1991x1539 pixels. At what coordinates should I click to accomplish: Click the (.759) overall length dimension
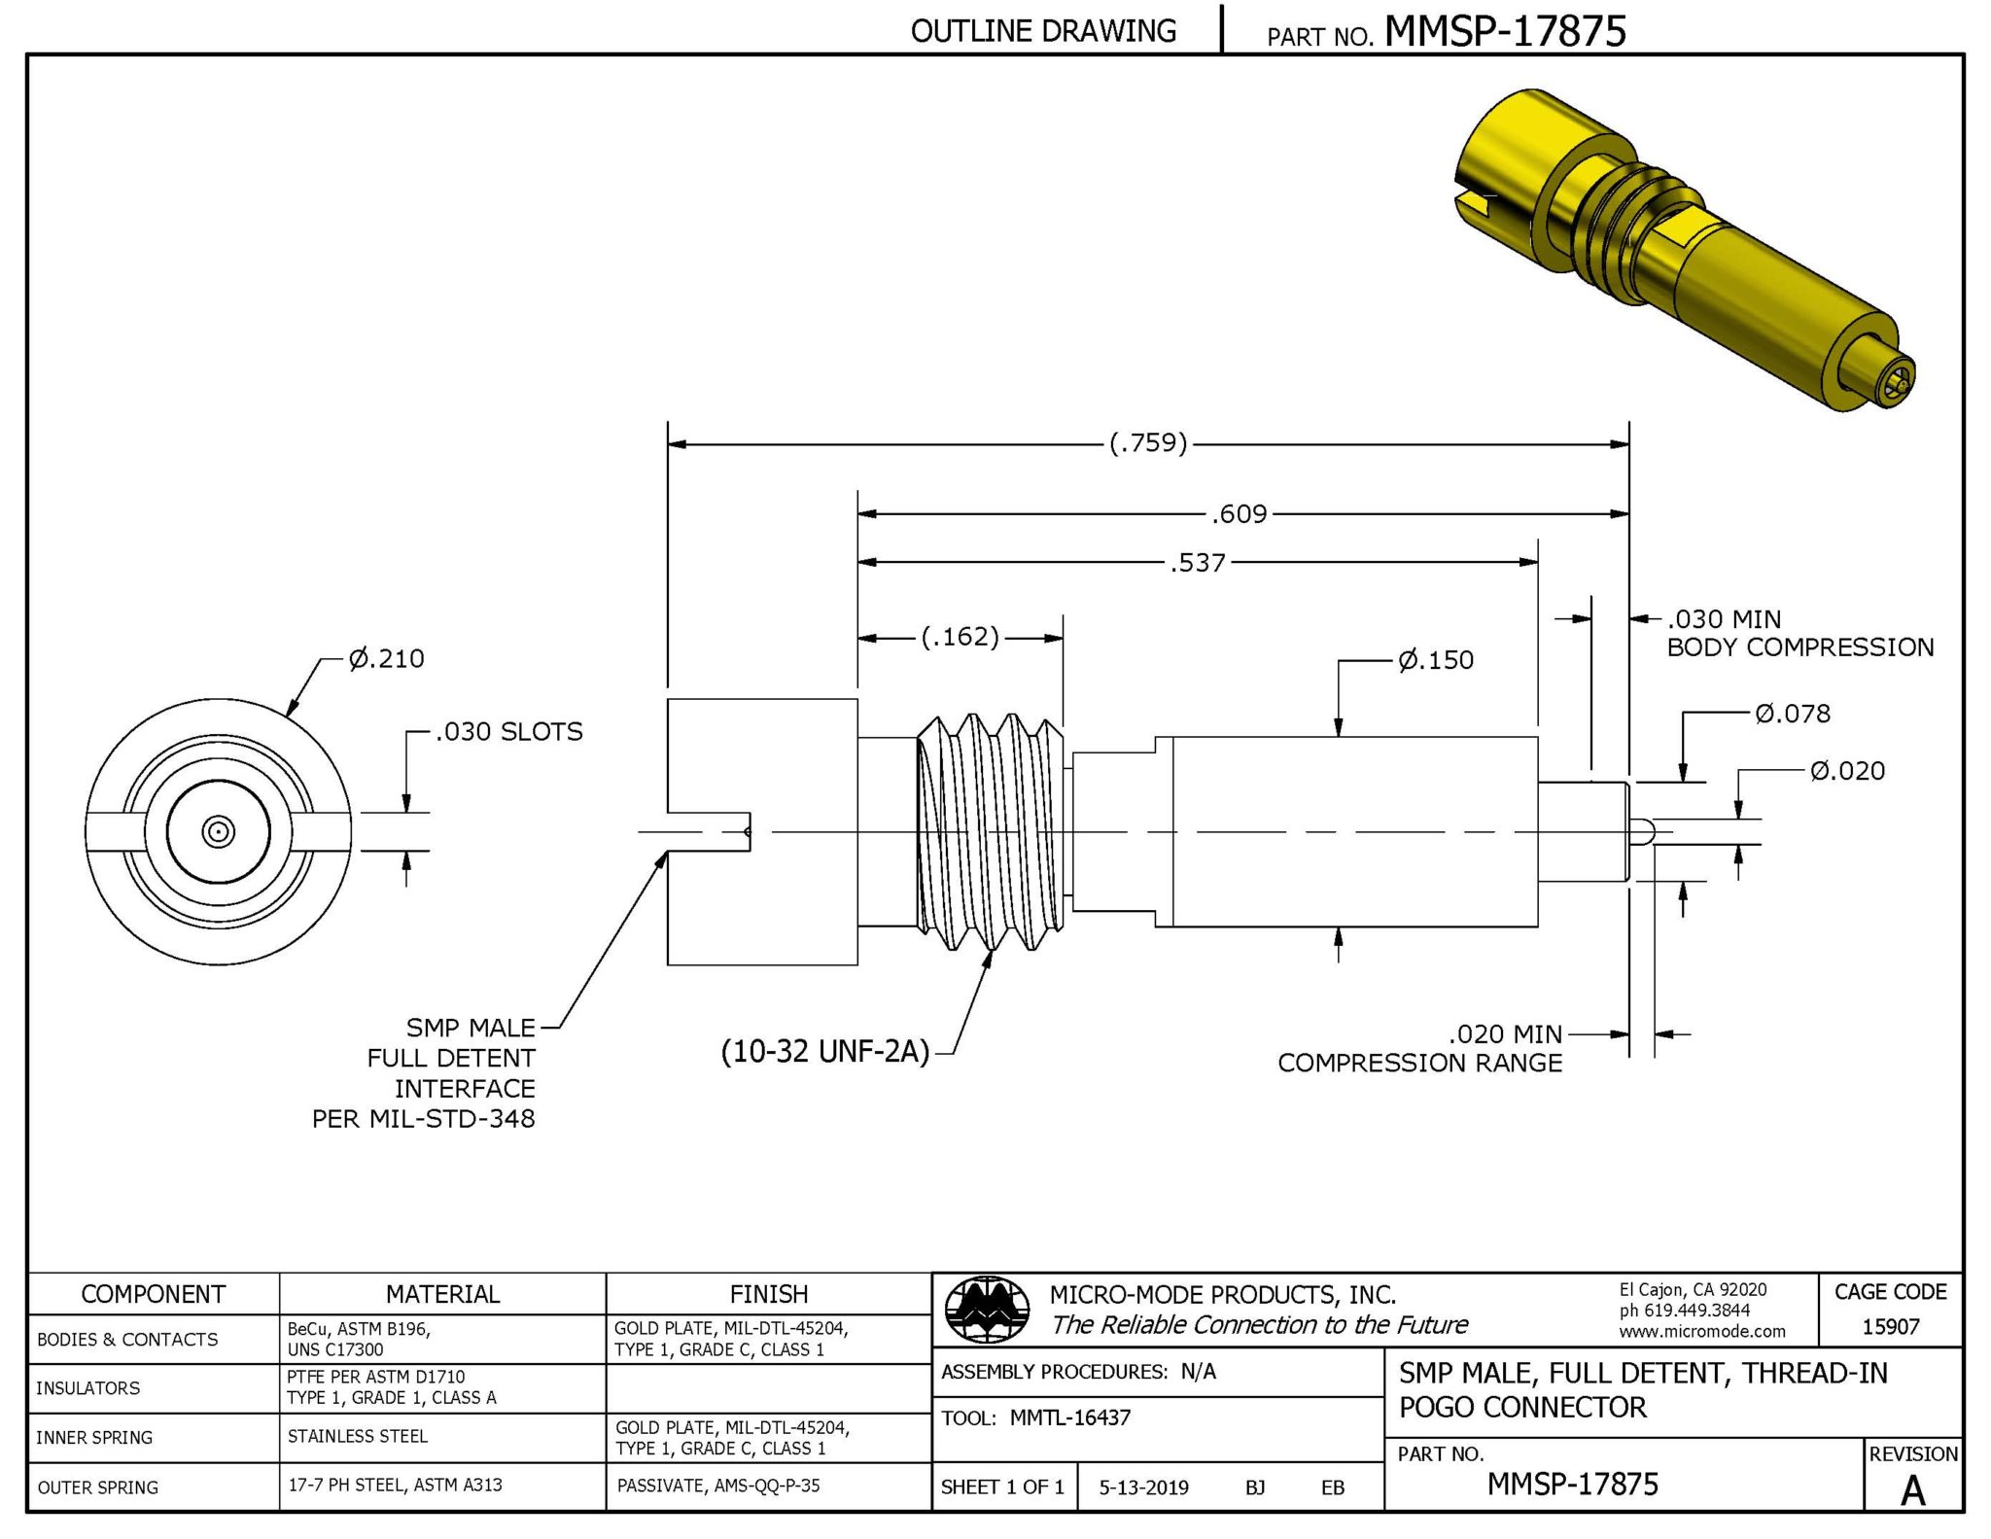pyautogui.click(x=1148, y=443)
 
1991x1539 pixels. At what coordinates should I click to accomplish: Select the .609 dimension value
pyautogui.click(x=1240, y=513)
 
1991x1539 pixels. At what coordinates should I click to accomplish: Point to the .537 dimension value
pyautogui.click(x=1199, y=563)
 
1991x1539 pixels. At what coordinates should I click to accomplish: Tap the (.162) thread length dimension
pyautogui.click(x=961, y=637)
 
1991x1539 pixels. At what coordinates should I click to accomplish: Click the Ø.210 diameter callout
pyautogui.click(x=387, y=659)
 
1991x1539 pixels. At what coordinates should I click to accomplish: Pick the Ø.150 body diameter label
pyautogui.click(x=1436, y=661)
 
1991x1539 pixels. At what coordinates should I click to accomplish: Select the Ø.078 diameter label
pyautogui.click(x=1793, y=715)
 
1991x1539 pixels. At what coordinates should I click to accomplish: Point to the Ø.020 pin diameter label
pyautogui.click(x=1847, y=772)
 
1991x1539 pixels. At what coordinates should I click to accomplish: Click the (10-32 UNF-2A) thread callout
pyautogui.click(x=825, y=1052)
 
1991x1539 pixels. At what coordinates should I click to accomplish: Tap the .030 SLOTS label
pyautogui.click(x=508, y=732)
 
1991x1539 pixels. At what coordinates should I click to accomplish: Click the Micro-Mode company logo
pyautogui.click(x=988, y=1309)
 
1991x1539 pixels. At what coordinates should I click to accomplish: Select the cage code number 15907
pyautogui.click(x=1890, y=1327)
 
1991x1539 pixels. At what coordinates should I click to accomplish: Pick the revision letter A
pyautogui.click(x=1912, y=1490)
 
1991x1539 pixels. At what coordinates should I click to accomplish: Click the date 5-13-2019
pyautogui.click(x=1143, y=1487)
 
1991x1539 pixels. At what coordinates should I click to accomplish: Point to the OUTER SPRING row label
pyautogui.click(x=97, y=1487)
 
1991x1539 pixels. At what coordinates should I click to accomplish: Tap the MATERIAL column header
pyautogui.click(x=442, y=1295)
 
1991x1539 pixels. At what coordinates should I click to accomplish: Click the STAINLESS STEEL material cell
pyautogui.click(x=357, y=1436)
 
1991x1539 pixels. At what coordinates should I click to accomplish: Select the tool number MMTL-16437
pyautogui.click(x=1069, y=1417)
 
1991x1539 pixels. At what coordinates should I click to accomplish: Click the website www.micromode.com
pyautogui.click(x=1701, y=1332)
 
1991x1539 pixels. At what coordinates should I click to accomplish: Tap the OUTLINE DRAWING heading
pyautogui.click(x=1043, y=31)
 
